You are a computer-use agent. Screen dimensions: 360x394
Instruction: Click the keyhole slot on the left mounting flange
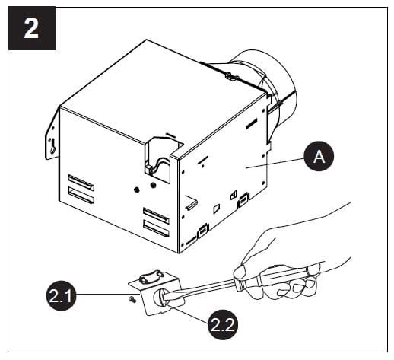52,145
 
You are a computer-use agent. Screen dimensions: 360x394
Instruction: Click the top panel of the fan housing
152,84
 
